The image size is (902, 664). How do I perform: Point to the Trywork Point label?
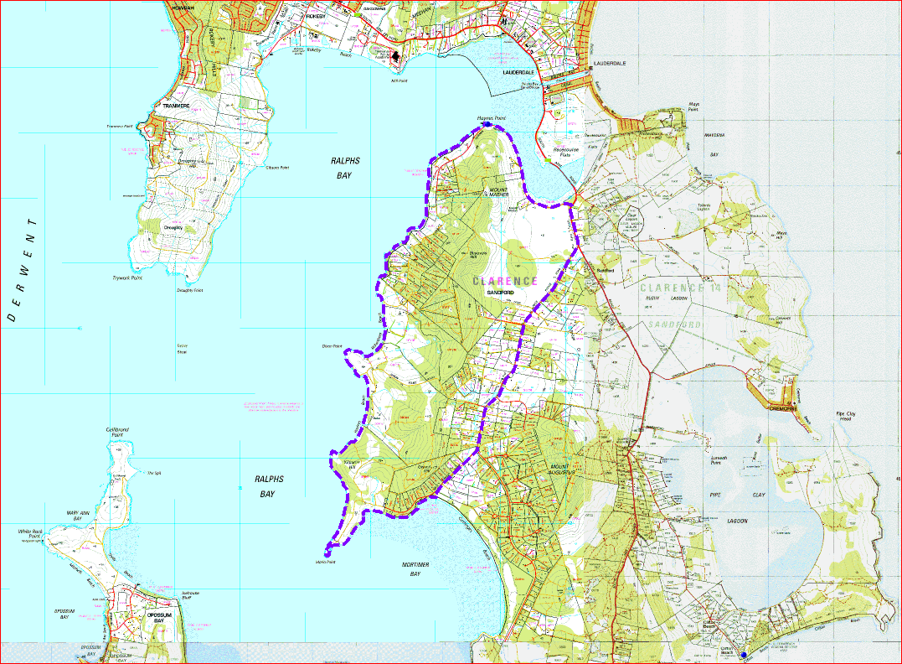coord(127,277)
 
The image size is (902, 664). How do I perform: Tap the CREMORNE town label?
coord(785,408)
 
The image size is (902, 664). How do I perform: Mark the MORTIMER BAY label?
coord(415,569)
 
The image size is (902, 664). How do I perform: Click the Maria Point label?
coord(326,562)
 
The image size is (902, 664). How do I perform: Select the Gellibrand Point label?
coord(117,432)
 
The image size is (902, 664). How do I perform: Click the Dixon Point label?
coord(332,345)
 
